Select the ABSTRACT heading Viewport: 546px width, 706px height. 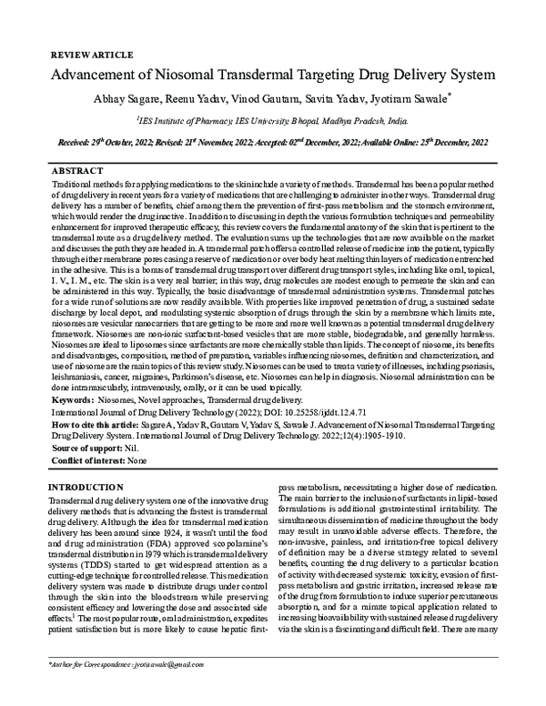[x=77, y=170]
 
